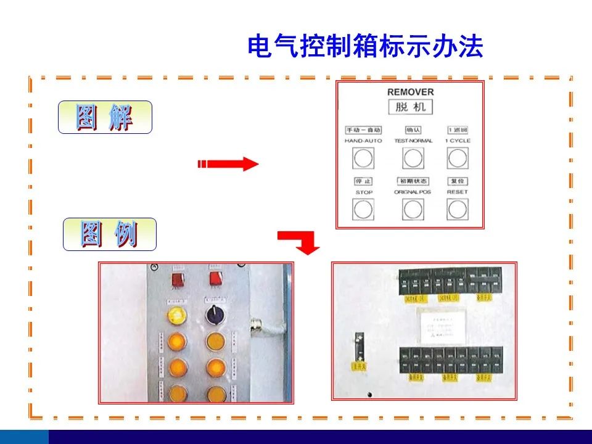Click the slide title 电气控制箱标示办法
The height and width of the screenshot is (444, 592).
pos(365,46)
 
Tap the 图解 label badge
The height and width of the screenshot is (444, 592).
pos(105,117)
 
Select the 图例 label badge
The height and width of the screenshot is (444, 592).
pos(110,234)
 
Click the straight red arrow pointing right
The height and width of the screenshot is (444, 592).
pos(228,164)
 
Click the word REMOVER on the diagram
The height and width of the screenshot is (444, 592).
pos(410,92)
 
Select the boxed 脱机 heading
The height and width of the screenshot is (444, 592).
pos(410,107)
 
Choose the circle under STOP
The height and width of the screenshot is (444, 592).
pos(363,210)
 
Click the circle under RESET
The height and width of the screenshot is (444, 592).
pos(458,210)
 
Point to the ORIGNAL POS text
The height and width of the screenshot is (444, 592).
pos(413,192)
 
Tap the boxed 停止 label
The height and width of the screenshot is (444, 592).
pos(364,181)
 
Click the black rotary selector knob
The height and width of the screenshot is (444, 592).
pos(216,314)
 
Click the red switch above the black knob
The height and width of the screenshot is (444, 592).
pos(216,279)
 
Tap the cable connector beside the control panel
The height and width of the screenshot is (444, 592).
pos(256,326)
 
